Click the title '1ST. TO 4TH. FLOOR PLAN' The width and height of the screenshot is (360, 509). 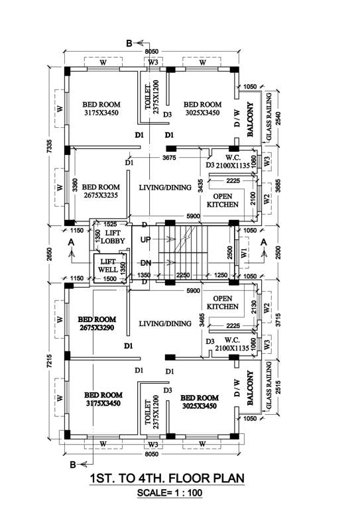(166, 479)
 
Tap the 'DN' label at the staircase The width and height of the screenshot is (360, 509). (147, 262)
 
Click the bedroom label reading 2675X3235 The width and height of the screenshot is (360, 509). (101, 192)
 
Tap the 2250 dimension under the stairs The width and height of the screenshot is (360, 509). (183, 276)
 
